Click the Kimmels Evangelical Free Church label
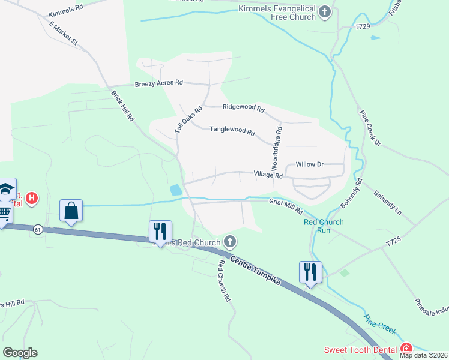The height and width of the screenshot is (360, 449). click(277, 13)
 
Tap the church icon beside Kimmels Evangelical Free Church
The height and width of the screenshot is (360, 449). click(325, 11)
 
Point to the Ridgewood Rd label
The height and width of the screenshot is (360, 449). click(243, 108)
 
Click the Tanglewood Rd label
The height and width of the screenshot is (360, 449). click(232, 131)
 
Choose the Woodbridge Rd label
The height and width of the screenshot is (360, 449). click(278, 146)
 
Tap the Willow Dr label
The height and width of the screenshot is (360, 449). click(310, 164)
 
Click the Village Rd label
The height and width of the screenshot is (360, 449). click(268, 175)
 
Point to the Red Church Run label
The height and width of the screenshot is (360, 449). click(324, 226)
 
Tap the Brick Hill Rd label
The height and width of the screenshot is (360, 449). click(122, 106)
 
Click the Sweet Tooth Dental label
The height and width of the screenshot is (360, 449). click(360, 350)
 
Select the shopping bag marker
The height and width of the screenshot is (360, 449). click(71, 211)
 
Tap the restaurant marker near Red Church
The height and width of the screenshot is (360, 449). click(160, 231)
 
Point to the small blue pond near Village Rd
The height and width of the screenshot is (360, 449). click(176, 190)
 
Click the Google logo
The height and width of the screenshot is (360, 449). click(20, 352)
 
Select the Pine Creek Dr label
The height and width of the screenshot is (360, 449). click(370, 127)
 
